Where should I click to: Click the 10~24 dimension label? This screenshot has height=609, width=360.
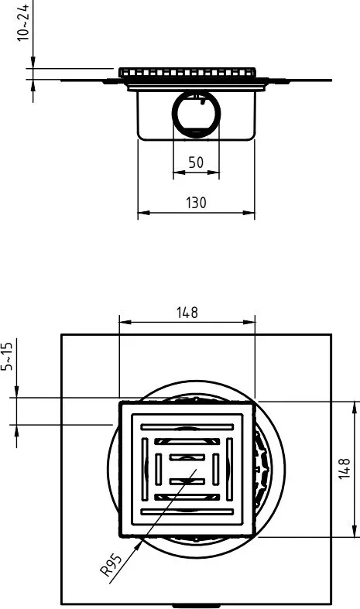(x=23, y=22)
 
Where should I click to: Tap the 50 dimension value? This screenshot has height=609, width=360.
(x=196, y=163)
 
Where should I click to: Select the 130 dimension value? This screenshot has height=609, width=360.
(x=196, y=202)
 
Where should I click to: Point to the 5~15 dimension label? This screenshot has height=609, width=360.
(x=7, y=354)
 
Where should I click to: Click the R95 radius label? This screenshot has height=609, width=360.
(x=111, y=566)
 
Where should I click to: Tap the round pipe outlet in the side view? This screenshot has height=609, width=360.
(x=197, y=114)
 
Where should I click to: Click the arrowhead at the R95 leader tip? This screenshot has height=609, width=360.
(x=138, y=547)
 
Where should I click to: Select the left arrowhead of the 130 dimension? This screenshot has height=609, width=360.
(x=143, y=213)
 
